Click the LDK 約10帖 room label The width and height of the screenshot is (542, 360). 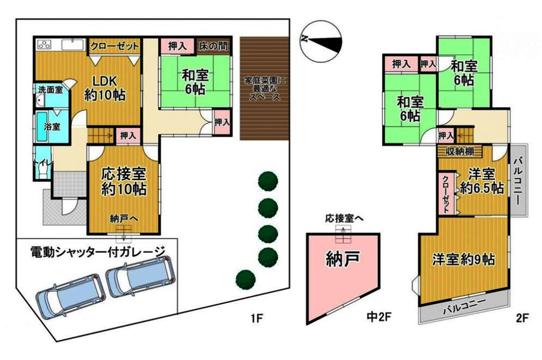[105, 88]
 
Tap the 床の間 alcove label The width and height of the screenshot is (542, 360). [213, 46]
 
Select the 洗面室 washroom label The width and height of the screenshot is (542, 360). [50, 90]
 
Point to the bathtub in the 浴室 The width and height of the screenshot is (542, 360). [42, 127]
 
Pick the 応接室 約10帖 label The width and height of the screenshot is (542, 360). [124, 182]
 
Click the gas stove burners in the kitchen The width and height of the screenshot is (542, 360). [44, 44]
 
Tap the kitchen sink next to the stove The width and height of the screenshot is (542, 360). [72, 44]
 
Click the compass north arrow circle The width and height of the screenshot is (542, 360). [321, 42]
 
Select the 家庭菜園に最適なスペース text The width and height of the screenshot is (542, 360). [265, 89]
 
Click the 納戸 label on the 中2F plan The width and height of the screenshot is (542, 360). [343, 259]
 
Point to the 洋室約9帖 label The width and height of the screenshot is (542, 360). [463, 259]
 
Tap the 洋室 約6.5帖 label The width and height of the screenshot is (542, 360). [481, 181]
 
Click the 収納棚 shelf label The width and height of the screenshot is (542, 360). [460, 152]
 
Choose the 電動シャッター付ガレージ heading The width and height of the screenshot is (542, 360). [98, 252]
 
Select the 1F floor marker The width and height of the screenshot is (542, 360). [257, 318]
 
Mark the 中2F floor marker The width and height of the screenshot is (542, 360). [379, 317]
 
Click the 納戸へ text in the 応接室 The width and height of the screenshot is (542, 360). [124, 219]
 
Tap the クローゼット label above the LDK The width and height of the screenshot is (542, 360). [115, 46]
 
